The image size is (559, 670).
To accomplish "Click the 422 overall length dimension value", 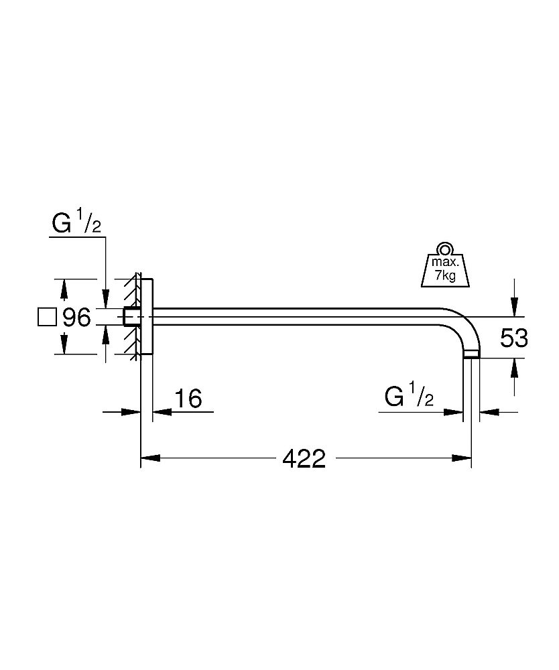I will point(304,459).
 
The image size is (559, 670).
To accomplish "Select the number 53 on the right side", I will point(514,338).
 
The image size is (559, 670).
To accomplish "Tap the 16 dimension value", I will point(188,399).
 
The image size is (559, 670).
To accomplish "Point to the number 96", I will point(76,318).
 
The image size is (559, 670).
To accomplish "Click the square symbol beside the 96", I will point(47,317).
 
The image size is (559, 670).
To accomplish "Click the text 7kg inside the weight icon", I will point(443,276).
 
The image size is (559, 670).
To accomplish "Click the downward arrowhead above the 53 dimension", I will point(514,310).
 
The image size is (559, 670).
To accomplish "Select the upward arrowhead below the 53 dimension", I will point(514,365).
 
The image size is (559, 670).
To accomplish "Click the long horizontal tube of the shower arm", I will point(302,317).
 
